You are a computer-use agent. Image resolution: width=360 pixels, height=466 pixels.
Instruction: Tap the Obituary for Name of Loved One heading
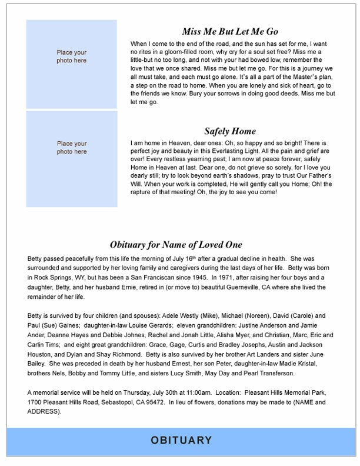pos(176,245)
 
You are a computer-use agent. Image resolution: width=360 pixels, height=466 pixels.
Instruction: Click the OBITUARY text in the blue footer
pos(180,440)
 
